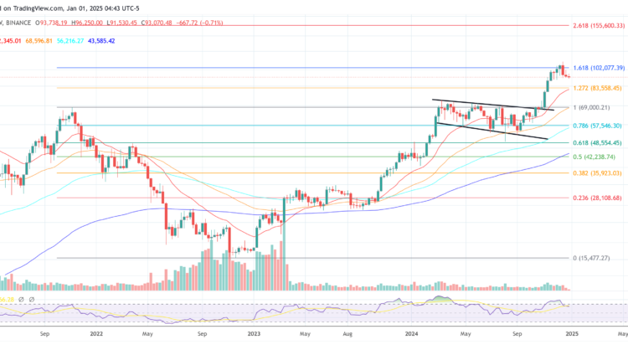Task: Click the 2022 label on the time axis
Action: [x=96, y=332]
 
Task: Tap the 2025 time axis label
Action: [x=573, y=332]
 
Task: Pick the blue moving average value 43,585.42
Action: [x=117, y=40]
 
